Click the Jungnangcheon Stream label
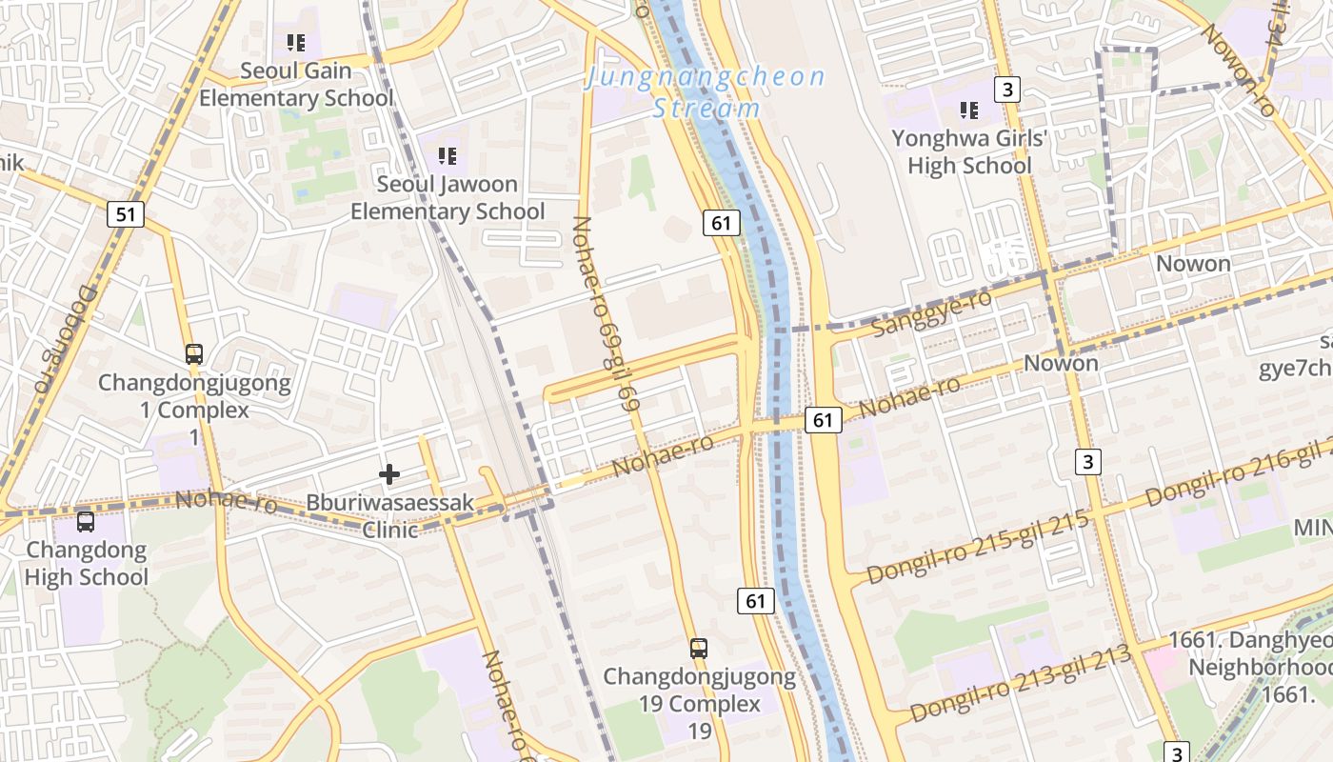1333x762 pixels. [x=705, y=91]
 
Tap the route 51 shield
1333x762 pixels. [x=126, y=214]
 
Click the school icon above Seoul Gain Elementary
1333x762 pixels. [x=296, y=43]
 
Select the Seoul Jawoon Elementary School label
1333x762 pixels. [x=448, y=198]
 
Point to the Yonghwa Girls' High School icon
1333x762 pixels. [x=969, y=110]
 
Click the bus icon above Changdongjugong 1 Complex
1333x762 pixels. [x=194, y=354]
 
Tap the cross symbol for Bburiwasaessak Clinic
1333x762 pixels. [x=389, y=473]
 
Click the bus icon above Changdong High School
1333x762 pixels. [x=86, y=522]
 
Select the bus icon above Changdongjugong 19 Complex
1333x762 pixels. [x=699, y=649]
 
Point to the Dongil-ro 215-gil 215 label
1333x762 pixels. [x=978, y=547]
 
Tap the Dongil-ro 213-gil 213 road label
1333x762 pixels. [x=1020, y=682]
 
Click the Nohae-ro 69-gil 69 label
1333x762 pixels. [x=607, y=312]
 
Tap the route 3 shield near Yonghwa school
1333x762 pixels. [x=1006, y=90]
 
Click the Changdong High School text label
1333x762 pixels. [x=87, y=563]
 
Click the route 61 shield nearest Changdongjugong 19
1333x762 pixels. [x=756, y=601]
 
